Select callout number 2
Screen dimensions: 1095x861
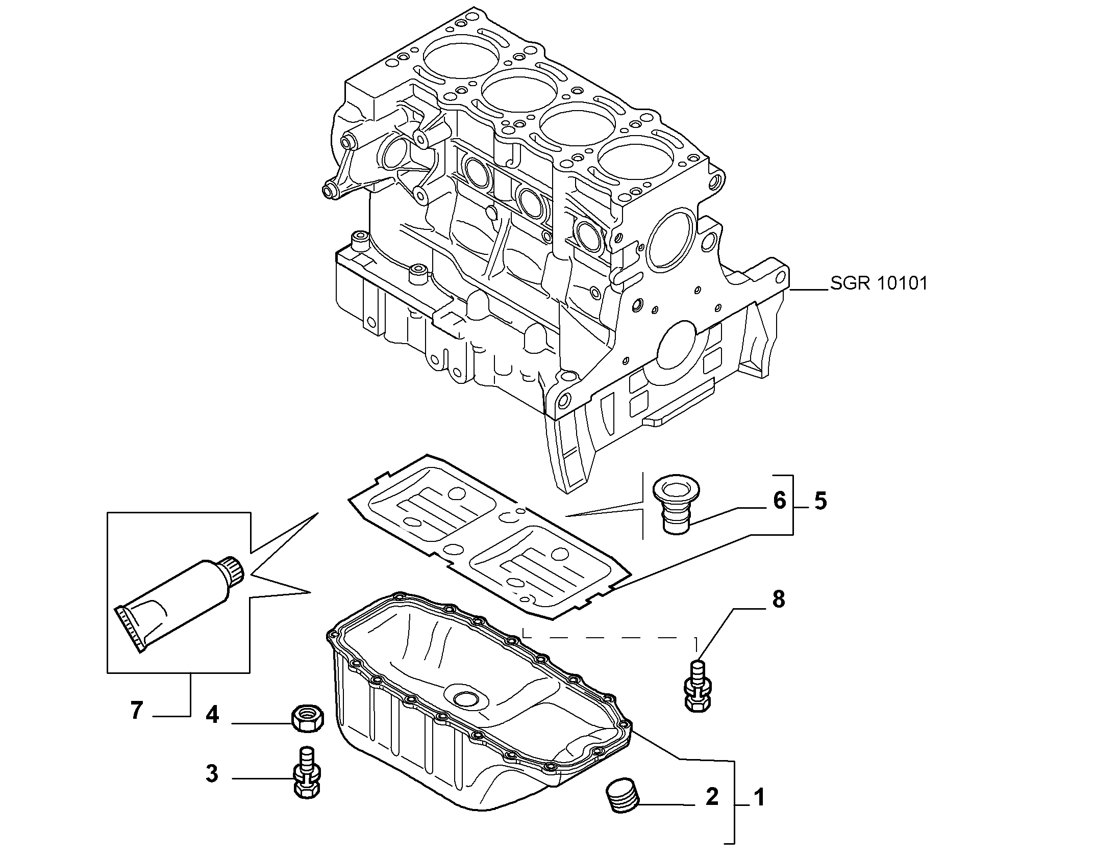pos(712,811)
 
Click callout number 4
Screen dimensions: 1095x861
pos(212,715)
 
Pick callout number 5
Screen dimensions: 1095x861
pos(820,501)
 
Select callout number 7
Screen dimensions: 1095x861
pos(136,711)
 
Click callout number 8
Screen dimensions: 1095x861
pos(778,599)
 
